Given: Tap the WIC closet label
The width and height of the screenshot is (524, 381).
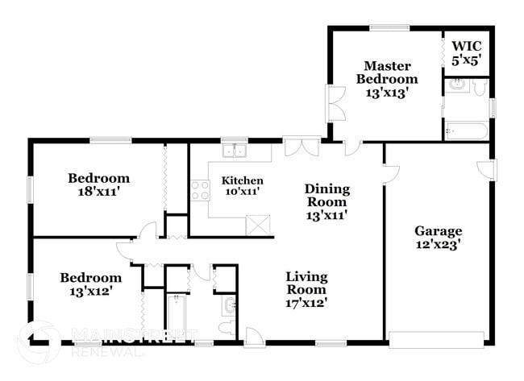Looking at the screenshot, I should [x=466, y=46].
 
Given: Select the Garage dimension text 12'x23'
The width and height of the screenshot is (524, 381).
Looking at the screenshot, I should [x=438, y=246].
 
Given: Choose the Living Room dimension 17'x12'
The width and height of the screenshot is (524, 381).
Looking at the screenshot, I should [x=306, y=303].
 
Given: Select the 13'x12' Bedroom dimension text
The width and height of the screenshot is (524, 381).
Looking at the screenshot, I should [x=90, y=292].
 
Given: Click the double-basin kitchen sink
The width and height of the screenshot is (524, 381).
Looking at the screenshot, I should [x=235, y=150].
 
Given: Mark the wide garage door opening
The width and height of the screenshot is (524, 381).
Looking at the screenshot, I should [x=437, y=337].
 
